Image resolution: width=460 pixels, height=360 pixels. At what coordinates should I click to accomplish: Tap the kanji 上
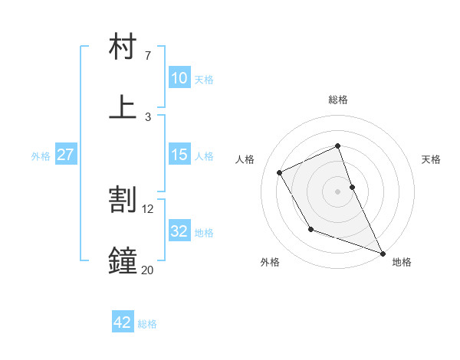click(x=123, y=106)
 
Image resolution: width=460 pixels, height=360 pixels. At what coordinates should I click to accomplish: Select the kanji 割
click(x=123, y=199)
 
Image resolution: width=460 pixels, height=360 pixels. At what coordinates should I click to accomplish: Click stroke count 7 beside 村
click(x=147, y=56)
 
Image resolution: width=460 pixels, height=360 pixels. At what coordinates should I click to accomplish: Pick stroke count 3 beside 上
click(x=147, y=117)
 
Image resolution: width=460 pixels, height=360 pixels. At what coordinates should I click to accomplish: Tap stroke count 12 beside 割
click(x=148, y=208)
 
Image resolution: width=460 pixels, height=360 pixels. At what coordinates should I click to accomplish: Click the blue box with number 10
click(x=179, y=78)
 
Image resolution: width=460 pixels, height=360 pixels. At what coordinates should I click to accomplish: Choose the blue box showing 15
click(x=179, y=155)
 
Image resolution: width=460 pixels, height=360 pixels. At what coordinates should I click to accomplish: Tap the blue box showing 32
click(x=179, y=231)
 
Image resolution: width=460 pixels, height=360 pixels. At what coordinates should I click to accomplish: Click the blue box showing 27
click(x=65, y=155)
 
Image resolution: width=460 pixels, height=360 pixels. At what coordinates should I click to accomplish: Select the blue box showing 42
click(x=123, y=322)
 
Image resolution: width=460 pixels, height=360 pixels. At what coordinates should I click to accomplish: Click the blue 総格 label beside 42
click(x=147, y=324)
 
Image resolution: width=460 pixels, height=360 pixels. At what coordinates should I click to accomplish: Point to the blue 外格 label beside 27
click(x=41, y=156)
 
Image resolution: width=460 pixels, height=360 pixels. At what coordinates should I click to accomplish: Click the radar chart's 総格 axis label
click(x=337, y=100)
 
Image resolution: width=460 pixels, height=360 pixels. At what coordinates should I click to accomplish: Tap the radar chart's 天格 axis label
click(x=431, y=159)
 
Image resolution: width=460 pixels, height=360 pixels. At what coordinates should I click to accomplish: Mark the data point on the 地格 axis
click(x=383, y=253)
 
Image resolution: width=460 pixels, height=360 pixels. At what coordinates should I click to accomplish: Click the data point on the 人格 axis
click(x=280, y=172)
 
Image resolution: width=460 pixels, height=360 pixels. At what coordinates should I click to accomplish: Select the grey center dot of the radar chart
click(x=337, y=191)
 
